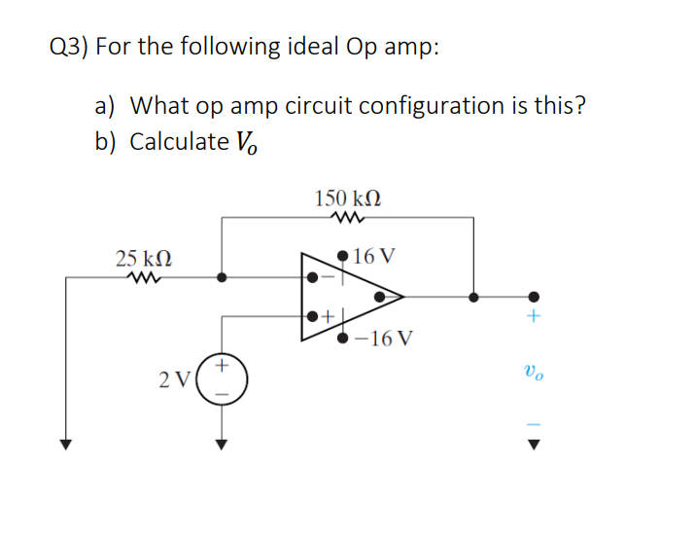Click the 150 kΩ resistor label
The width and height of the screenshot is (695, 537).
[348, 197]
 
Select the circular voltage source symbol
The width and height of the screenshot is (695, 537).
[222, 378]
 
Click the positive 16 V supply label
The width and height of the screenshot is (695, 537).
[374, 258]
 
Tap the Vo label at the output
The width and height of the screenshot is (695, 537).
[532, 370]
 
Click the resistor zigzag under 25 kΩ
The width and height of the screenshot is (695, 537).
[142, 277]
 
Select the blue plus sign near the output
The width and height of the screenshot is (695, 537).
[532, 317]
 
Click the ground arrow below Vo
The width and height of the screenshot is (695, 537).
[532, 445]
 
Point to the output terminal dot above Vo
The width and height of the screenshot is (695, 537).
[532, 297]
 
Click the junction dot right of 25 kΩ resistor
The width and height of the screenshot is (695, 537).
[222, 277]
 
